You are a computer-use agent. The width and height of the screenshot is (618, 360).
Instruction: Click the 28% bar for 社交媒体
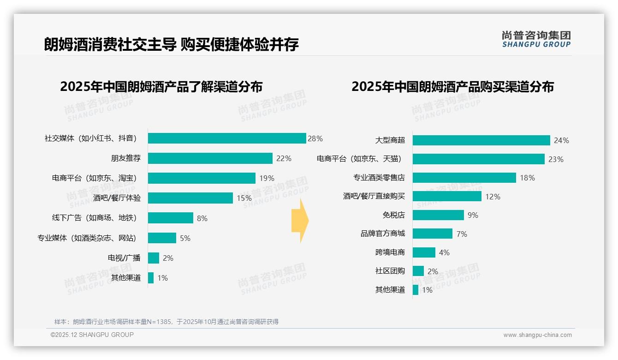[x=227, y=138]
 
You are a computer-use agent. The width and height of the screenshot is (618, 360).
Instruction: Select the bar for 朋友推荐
[x=210, y=158]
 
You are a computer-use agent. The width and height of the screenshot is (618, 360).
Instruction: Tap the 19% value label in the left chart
[x=267, y=178]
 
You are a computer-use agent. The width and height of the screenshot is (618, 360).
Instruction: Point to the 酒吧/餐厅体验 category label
[x=117, y=198]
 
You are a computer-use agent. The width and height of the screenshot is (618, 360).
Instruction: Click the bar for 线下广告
[x=171, y=218]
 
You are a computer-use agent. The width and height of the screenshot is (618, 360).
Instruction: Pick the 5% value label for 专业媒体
[x=185, y=238]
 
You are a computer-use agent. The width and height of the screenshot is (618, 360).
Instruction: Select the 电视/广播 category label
[x=124, y=258]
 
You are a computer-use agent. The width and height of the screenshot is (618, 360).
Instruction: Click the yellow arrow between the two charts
[x=300, y=221]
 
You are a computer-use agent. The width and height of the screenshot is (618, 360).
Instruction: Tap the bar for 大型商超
[x=481, y=140]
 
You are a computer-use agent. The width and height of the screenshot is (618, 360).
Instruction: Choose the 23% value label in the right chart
[x=556, y=159]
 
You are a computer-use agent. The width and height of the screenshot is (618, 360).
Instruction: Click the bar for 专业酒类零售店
[x=464, y=178]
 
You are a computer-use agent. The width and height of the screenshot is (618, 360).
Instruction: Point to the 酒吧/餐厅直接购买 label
[x=374, y=196]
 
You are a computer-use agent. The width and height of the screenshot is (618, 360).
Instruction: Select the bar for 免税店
[x=438, y=215]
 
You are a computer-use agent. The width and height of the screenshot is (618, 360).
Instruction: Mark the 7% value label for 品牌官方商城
[x=462, y=234]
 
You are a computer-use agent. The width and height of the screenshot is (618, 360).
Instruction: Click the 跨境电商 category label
[x=390, y=252]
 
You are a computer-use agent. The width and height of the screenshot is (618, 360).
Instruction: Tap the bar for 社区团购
[x=418, y=271]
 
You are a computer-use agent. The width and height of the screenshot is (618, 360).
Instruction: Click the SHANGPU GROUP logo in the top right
[x=536, y=39]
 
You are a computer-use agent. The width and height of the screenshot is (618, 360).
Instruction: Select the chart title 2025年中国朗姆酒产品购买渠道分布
[x=452, y=87]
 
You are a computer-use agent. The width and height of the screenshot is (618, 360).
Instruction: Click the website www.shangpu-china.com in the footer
[x=537, y=335]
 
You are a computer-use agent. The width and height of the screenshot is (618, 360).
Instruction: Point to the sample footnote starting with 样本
[x=166, y=322]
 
